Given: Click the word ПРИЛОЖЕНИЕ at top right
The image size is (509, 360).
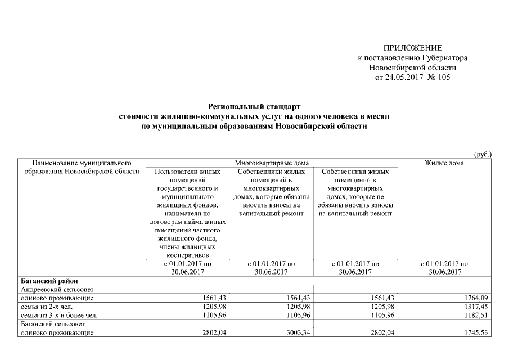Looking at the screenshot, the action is tap(412, 48).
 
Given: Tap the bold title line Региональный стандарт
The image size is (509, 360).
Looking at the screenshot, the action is tap(254, 106).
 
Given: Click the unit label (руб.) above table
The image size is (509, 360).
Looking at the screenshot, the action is tap(483, 154).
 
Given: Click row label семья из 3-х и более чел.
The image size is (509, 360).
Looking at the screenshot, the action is tap(59, 316).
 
